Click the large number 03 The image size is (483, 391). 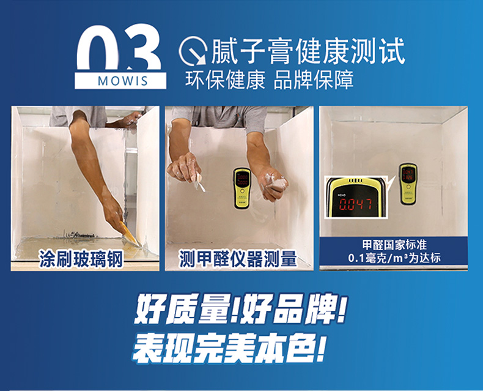119,48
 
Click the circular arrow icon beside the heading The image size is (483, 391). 193,51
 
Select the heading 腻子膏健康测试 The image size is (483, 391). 308,51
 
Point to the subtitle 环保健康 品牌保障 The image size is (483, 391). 269,80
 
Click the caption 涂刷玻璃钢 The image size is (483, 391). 81,259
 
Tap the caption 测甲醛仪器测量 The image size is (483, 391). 238,259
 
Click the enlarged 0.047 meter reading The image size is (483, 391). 356,204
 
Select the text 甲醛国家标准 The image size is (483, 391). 394,245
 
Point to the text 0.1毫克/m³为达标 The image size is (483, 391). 394,258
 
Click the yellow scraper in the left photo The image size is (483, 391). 130,233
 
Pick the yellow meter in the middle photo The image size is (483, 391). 242,188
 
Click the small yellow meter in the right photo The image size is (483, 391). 408,184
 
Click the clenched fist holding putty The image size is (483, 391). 273,187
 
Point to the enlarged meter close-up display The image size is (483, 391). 356,198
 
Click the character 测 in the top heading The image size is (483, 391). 364,51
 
